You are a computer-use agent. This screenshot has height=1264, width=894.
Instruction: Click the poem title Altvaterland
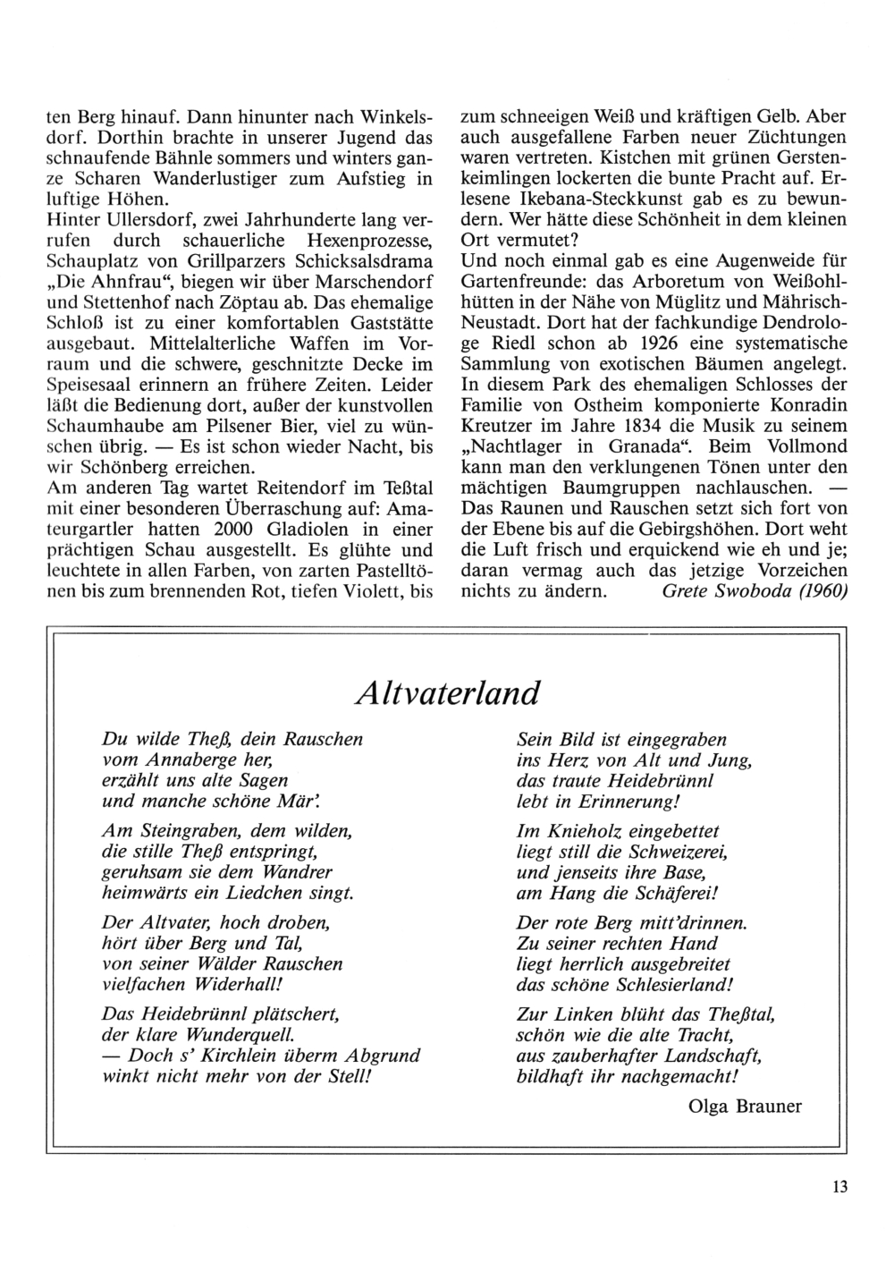click(x=447, y=692)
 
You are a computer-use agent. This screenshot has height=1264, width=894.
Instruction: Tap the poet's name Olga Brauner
click(x=746, y=1106)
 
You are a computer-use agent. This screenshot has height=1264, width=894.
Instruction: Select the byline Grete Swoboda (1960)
click(x=755, y=591)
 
